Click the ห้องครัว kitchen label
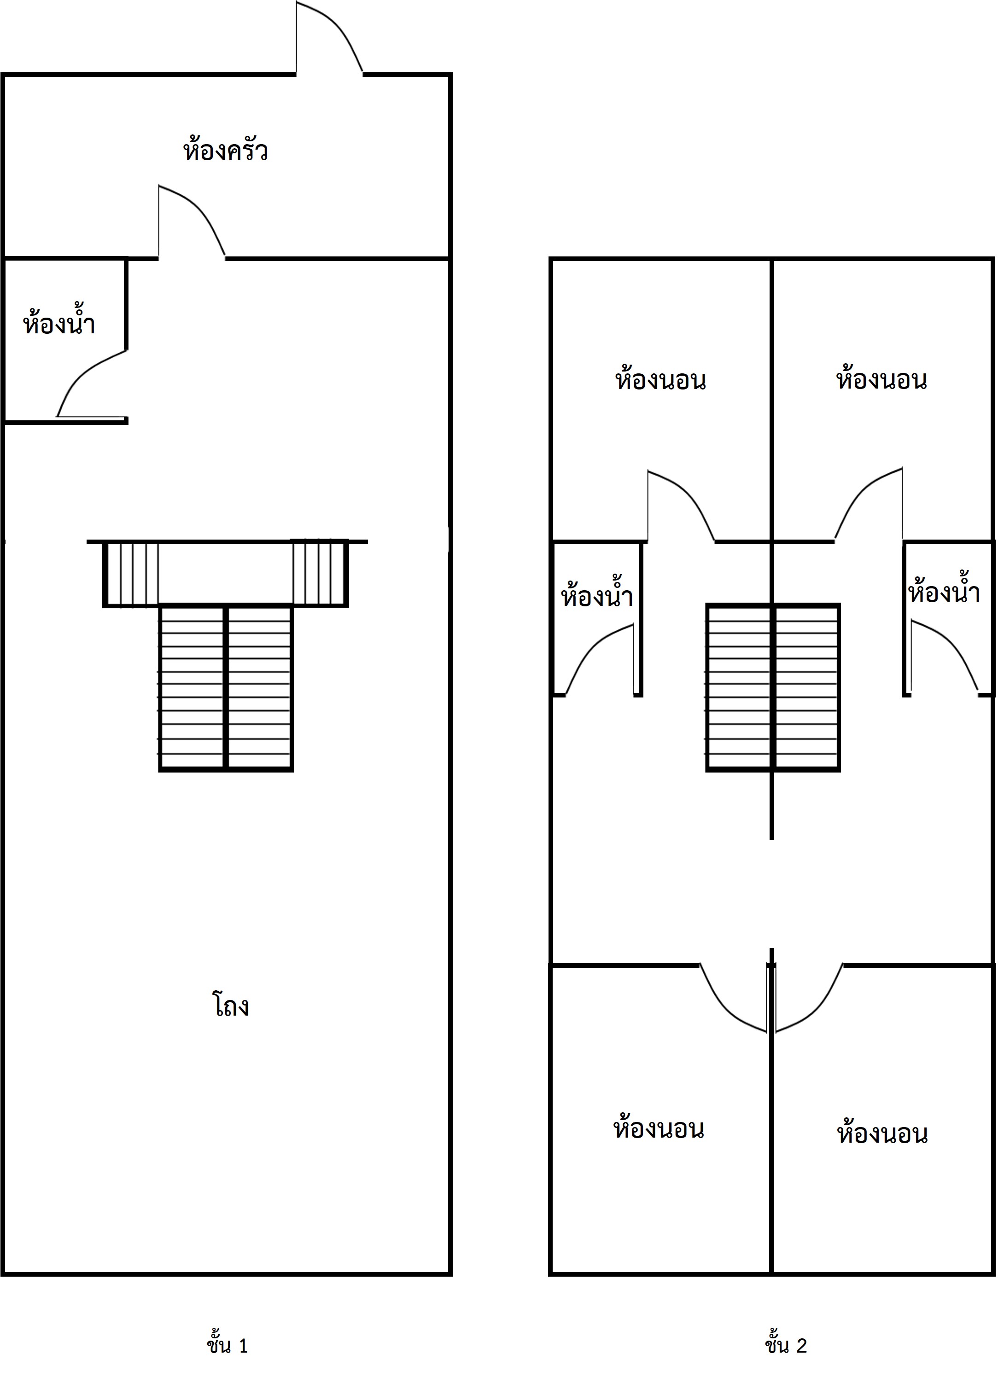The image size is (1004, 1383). tap(225, 150)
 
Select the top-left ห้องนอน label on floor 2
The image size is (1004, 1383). tap(660, 379)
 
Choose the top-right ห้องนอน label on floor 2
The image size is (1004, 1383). tap(881, 379)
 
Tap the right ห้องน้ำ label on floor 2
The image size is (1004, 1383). tap(944, 591)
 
